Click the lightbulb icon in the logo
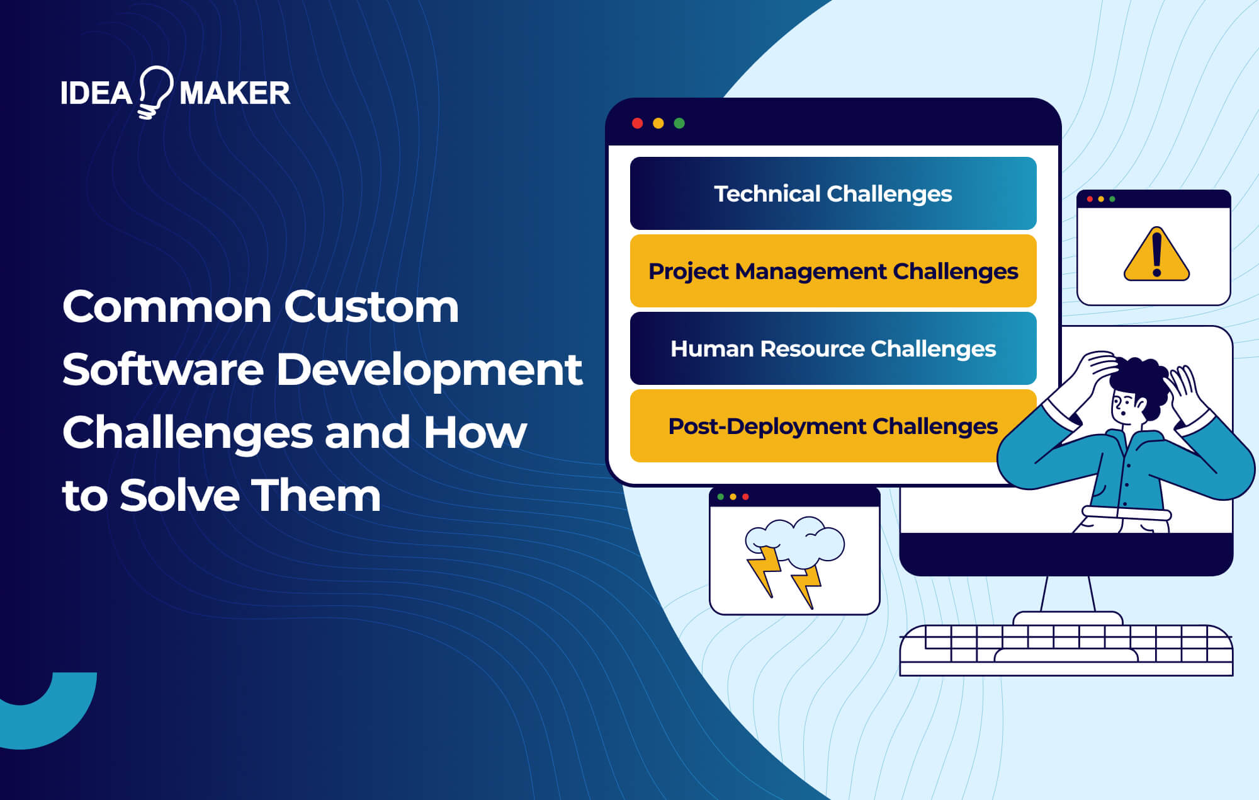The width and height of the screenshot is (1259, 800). (x=154, y=91)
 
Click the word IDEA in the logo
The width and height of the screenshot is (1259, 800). (x=96, y=93)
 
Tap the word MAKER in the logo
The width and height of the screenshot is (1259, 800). (x=234, y=93)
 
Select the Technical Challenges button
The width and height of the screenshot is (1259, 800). (x=832, y=193)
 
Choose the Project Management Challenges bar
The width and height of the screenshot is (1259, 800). (x=832, y=271)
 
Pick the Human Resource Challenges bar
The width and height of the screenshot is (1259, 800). (x=832, y=348)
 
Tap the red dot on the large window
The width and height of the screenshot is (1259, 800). (x=637, y=123)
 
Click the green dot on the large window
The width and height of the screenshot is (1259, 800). (x=679, y=123)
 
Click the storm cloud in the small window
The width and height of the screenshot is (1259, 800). (x=796, y=539)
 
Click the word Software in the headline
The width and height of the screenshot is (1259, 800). (x=162, y=370)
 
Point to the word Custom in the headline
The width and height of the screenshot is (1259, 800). (x=371, y=307)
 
